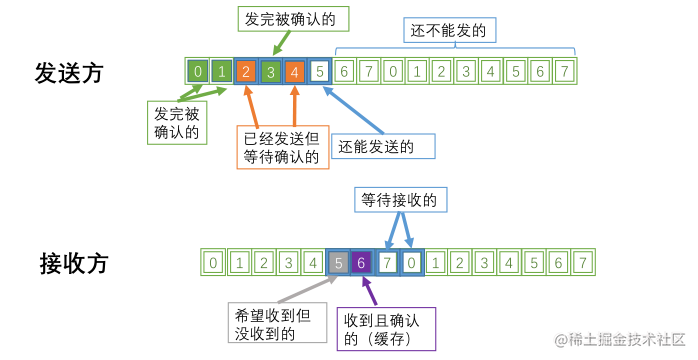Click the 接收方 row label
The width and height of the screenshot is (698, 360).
(73, 264)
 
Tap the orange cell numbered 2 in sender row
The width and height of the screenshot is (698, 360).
(246, 72)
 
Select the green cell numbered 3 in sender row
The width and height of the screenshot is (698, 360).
(270, 72)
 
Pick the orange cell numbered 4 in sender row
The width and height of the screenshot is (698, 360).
(294, 72)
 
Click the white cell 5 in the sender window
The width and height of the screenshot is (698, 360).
(318, 72)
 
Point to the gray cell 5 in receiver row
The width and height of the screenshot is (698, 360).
(339, 263)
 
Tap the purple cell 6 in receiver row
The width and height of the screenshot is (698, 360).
(363, 263)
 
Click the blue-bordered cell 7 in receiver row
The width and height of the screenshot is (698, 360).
(388, 263)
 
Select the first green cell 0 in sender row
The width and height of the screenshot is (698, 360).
(198, 72)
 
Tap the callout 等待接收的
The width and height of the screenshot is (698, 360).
(401, 200)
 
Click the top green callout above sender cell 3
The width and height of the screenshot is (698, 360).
(284, 20)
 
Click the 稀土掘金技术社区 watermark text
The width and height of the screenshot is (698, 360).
(620, 340)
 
